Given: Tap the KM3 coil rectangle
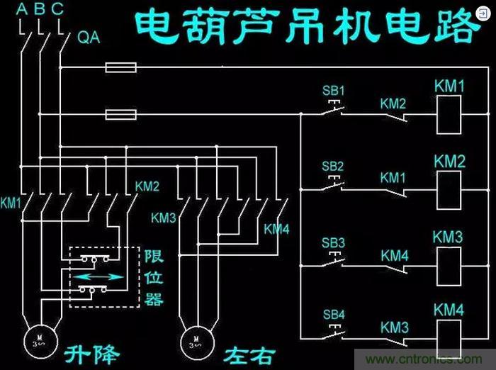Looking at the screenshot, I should pyautogui.click(x=449, y=266).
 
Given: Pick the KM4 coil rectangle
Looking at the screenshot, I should pyautogui.click(x=449, y=337).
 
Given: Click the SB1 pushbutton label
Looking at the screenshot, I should pyautogui.click(x=333, y=91).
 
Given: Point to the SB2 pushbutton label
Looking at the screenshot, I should pyautogui.click(x=333, y=167).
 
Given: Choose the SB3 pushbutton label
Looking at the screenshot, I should pyautogui.click(x=333, y=243).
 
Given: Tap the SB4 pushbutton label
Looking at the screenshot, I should pyautogui.click(x=333, y=314).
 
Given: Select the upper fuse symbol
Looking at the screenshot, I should pyautogui.click(x=121, y=68).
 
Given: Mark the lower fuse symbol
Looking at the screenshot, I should pyautogui.click(x=121, y=113).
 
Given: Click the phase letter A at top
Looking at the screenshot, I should pyautogui.click(x=21, y=9).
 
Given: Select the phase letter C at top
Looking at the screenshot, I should pyautogui.click(x=57, y=9).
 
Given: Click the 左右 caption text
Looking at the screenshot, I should pyautogui.click(x=247, y=352).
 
